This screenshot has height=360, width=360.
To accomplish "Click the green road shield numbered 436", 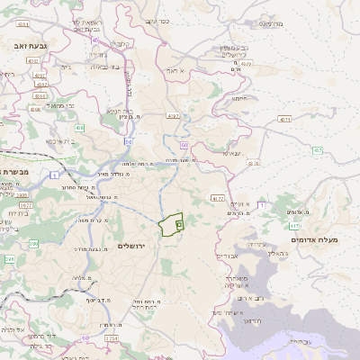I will click(x=79, y=128).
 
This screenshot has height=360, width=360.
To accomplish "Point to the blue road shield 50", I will click(x=129, y=141).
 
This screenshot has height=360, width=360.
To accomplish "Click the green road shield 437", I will click(x=292, y=148).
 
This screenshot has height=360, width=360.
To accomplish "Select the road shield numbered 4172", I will click(x=217, y=197).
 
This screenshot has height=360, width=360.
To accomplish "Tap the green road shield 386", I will click(x=32, y=243).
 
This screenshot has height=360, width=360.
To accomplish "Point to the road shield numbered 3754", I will click(x=111, y=337).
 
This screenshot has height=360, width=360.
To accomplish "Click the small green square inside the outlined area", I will click(x=178, y=223).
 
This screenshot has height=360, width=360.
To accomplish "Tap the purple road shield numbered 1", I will click(x=54, y=174).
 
